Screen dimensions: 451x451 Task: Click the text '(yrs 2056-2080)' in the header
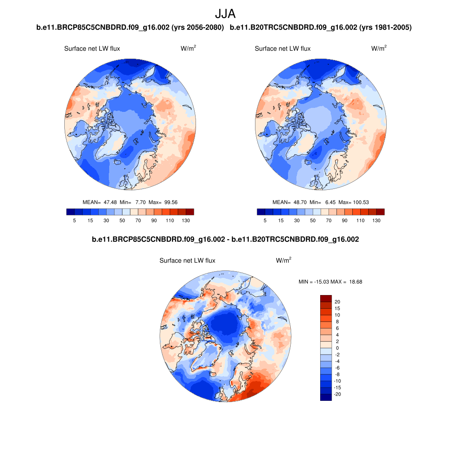coord(198,28)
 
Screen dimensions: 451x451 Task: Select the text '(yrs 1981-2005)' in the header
coord(385,28)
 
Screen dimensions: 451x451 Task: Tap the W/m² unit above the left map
coord(188,48)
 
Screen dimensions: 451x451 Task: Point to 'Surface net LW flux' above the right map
coord(282,48)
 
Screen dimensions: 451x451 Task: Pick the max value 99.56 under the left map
coord(170,202)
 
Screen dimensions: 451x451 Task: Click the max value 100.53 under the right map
coord(360,202)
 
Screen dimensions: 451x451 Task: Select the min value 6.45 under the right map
coord(328,202)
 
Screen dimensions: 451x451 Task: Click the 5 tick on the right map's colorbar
coord(265,220)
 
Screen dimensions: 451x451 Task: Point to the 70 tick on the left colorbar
coord(138,220)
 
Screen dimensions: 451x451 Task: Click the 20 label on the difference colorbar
coord(337,302)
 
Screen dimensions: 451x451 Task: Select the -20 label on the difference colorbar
coord(337,394)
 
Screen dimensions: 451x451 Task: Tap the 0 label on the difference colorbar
coord(337,348)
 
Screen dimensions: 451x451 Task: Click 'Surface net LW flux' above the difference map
coord(187,261)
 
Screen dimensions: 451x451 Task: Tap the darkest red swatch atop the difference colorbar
coord(325,298)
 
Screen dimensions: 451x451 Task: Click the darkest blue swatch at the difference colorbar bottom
coord(325,397)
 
